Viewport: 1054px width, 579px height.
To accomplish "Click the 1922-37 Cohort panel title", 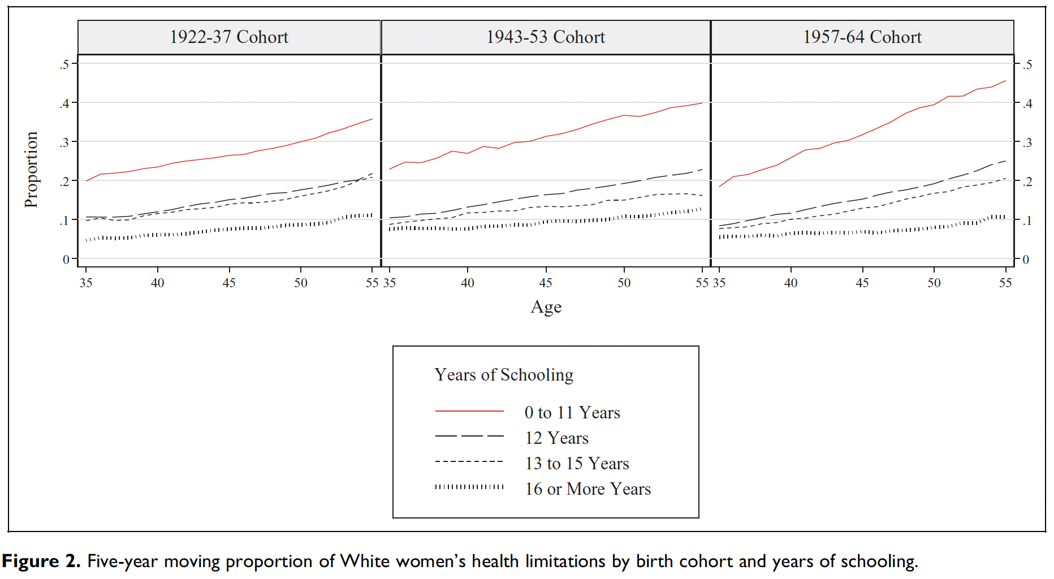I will pos(229,37).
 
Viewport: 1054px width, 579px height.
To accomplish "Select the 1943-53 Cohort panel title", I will pos(546,37).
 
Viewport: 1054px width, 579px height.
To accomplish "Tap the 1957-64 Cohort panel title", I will pos(862,37).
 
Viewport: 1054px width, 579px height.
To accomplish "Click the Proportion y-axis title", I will pos(32,170).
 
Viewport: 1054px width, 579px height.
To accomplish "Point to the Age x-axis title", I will pos(546,307).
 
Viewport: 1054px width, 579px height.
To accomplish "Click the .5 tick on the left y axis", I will pos(64,64).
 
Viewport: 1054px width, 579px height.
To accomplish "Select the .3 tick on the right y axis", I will pos(1027,142).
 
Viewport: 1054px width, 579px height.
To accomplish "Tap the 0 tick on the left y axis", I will pos(66,260).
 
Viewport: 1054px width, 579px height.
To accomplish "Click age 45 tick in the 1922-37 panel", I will pos(229,283).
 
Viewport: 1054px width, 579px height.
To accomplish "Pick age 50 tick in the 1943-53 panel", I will pos(624,283).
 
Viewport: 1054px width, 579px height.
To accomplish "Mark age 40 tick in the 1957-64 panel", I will pos(791,283).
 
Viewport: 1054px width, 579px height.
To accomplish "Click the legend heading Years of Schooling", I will pos(504,375).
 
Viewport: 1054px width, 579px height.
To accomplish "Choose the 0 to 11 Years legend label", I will pos(572,413).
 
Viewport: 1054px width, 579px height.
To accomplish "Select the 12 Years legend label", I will pos(556,438).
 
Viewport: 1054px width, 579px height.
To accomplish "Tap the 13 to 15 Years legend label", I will pos(577,464).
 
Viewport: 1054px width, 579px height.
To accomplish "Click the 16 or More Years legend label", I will pos(588,489).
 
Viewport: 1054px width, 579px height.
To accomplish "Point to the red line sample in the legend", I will pos(469,411).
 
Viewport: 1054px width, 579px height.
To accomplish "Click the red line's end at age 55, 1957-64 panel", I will pos(1005,81).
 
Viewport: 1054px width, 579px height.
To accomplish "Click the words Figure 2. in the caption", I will pos(41,561).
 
